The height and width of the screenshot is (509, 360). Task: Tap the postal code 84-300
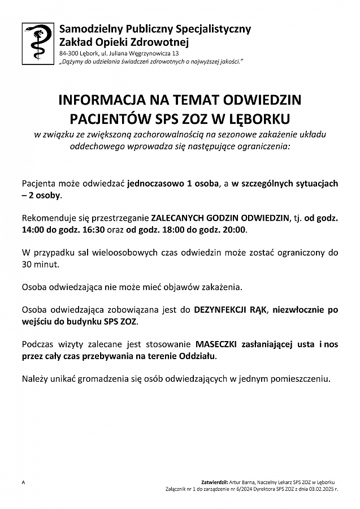click(x=68, y=53)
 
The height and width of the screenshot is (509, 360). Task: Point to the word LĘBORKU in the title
click(x=261, y=119)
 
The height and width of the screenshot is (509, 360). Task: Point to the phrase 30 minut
click(x=40, y=264)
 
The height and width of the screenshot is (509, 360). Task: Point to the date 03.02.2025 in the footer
click(x=319, y=486)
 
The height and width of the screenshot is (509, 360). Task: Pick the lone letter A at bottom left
click(x=24, y=481)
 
